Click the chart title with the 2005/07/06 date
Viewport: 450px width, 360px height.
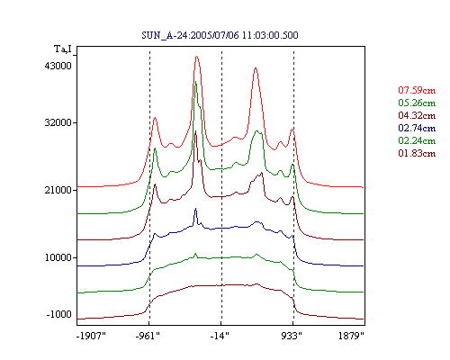[x=220, y=35]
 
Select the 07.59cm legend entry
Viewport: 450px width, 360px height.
[x=417, y=90]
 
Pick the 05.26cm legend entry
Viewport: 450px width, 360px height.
[x=417, y=103]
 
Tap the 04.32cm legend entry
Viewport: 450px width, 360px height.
[x=417, y=115]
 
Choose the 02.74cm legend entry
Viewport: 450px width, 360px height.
[x=417, y=128]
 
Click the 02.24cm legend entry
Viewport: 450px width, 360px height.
[x=417, y=140]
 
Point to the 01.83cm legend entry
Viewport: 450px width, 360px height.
[x=417, y=153]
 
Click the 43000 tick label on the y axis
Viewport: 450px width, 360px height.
[x=58, y=66]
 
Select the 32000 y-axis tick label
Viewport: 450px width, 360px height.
[x=58, y=122]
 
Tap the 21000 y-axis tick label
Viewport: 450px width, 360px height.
[x=58, y=190]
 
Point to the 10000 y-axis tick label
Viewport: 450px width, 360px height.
[x=58, y=257]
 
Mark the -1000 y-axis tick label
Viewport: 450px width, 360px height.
[x=59, y=314]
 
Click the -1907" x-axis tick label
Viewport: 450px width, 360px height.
[x=91, y=336]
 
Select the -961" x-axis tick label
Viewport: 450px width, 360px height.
[x=148, y=336]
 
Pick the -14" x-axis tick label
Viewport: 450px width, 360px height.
[x=220, y=336]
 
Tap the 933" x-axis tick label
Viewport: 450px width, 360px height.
[x=292, y=336]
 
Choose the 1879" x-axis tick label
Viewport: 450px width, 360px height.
[x=351, y=336]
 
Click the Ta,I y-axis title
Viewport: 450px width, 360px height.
[x=63, y=49]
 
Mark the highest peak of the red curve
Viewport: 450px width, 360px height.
[x=197, y=57]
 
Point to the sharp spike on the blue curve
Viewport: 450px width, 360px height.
[x=195, y=209]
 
